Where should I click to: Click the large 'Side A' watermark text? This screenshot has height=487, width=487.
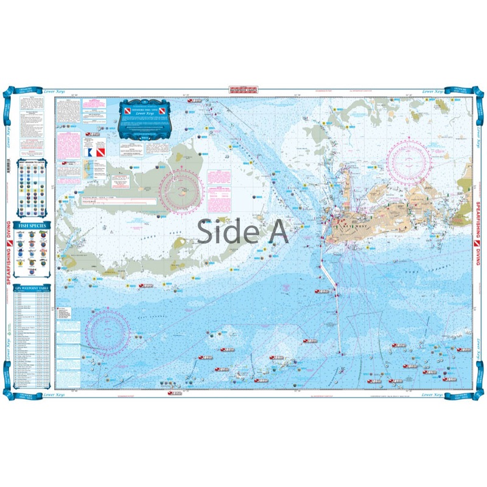(x=243, y=231)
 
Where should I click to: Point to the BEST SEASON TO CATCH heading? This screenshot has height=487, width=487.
(x=33, y=163)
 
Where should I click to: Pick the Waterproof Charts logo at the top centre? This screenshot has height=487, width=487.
(x=243, y=89)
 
